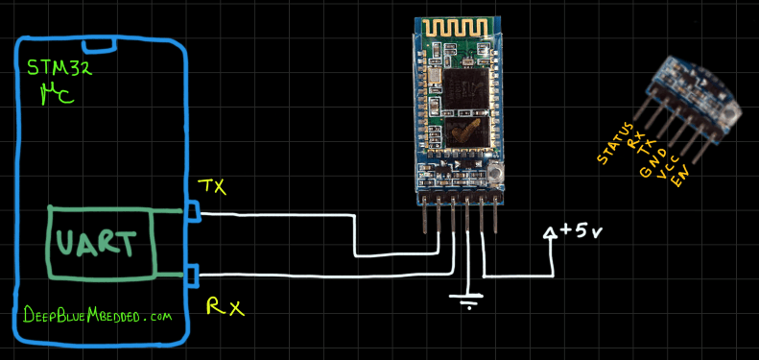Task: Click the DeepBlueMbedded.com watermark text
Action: click(96, 315)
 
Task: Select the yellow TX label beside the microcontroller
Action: click(212, 187)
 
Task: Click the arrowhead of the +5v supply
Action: click(551, 233)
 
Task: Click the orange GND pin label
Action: click(652, 158)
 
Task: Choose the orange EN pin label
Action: click(680, 176)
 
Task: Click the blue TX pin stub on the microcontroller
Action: click(193, 210)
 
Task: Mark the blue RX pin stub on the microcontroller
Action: click(193, 276)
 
